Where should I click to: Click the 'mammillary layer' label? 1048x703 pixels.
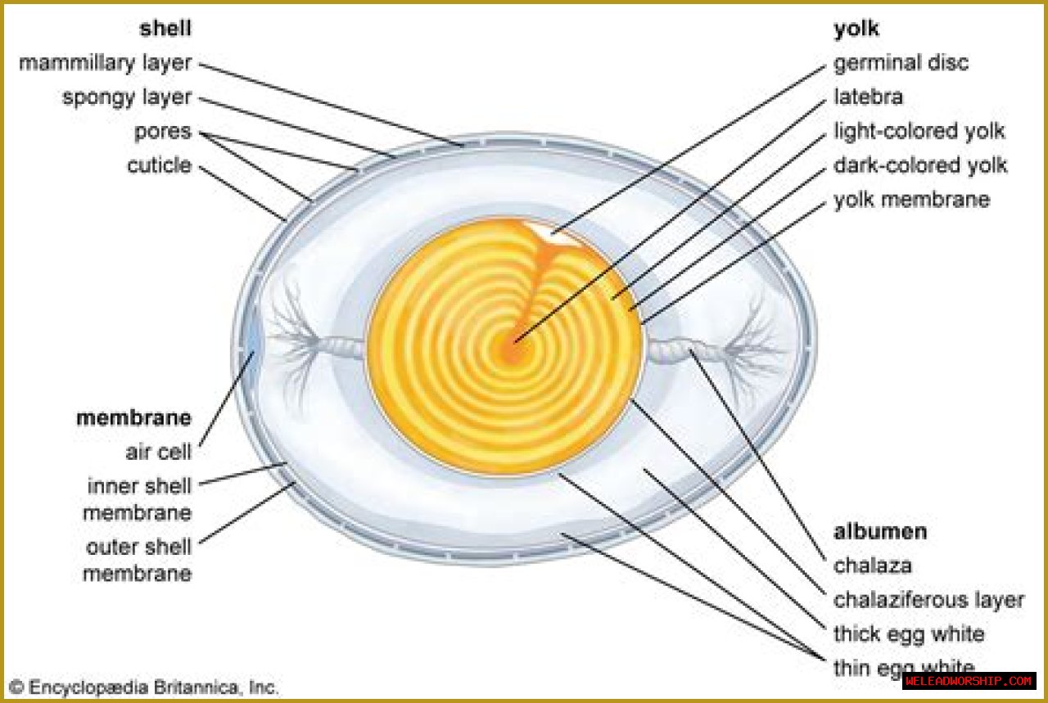(x=105, y=63)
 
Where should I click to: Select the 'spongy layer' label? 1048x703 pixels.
(x=126, y=97)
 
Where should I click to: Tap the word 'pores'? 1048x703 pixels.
(x=162, y=132)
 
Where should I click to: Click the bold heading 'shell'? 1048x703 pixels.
(x=165, y=29)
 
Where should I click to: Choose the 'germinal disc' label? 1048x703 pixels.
(x=901, y=63)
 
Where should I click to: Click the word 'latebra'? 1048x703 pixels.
(x=868, y=97)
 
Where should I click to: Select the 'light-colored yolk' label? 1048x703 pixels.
(x=919, y=131)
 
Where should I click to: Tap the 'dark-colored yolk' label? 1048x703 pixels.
(x=920, y=165)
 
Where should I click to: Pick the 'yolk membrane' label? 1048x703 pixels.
(x=911, y=200)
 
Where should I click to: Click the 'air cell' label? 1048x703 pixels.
(x=158, y=452)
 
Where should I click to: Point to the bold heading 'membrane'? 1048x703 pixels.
(x=133, y=418)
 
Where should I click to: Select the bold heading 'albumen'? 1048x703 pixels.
(x=880, y=531)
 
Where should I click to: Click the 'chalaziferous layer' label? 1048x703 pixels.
(x=928, y=600)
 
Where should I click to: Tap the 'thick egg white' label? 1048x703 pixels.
(x=909, y=634)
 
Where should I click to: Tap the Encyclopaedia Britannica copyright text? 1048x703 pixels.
(x=144, y=687)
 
